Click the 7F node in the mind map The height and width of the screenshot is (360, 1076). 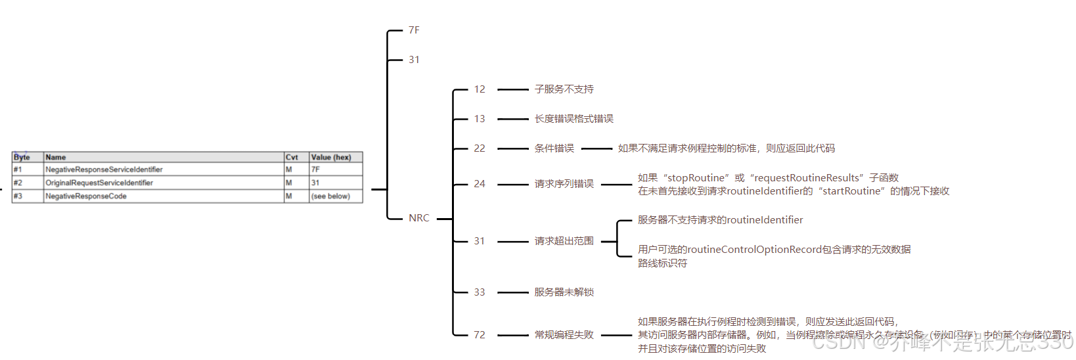(x=414, y=30)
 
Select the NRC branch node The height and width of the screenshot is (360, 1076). (x=418, y=218)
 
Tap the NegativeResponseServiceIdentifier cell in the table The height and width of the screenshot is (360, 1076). (x=104, y=169)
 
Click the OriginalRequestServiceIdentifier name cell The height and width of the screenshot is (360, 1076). (x=99, y=183)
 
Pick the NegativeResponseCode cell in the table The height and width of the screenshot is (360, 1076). (x=86, y=196)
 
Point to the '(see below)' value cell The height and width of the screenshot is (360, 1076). (x=330, y=196)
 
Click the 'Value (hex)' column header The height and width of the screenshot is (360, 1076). (x=331, y=157)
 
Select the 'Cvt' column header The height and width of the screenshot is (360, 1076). (x=292, y=157)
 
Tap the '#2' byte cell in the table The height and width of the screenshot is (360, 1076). (x=18, y=183)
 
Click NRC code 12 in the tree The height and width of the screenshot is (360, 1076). (x=480, y=89)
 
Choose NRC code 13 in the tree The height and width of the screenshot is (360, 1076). (x=480, y=119)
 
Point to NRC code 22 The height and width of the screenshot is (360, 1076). (x=480, y=148)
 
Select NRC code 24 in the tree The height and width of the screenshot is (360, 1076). (x=480, y=184)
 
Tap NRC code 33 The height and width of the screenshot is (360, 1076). (x=480, y=292)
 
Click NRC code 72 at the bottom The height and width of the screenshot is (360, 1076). (x=480, y=335)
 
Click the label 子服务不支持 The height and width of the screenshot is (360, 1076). (x=564, y=89)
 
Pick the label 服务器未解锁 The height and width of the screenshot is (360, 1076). (x=564, y=292)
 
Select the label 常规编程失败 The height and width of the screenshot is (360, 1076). (x=564, y=335)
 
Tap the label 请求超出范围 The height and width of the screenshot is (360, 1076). (x=564, y=241)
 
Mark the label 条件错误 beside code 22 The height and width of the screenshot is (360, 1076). (x=554, y=148)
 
